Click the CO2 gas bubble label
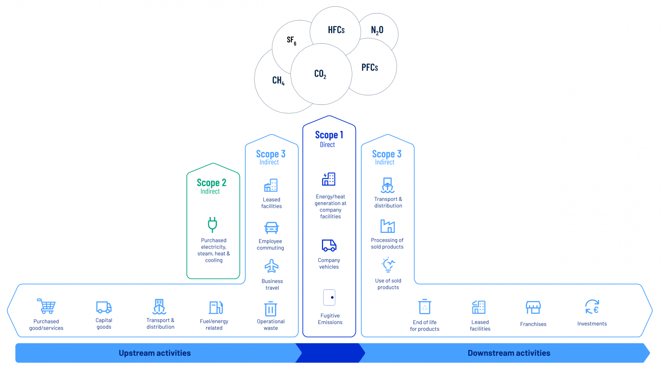pos(320,74)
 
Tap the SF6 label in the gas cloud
pos(291,41)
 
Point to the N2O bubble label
pos(377,30)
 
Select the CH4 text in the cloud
pos(278,81)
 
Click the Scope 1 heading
pos(329,135)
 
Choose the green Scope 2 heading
pos(211,182)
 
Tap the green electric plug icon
pos(212,225)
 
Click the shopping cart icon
pos(46,306)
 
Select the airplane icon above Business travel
pos(271,266)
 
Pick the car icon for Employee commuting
pos(271,228)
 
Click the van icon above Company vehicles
pos(329,245)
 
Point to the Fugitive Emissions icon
pos(329,297)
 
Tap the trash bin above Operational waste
pos(271,309)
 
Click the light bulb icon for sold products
pos(388,265)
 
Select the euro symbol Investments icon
pos(592,307)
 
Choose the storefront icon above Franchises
pos(533,307)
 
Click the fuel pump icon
pos(216,308)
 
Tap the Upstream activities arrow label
pos(154,353)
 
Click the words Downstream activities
pos(509,353)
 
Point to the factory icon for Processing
pos(388,226)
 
